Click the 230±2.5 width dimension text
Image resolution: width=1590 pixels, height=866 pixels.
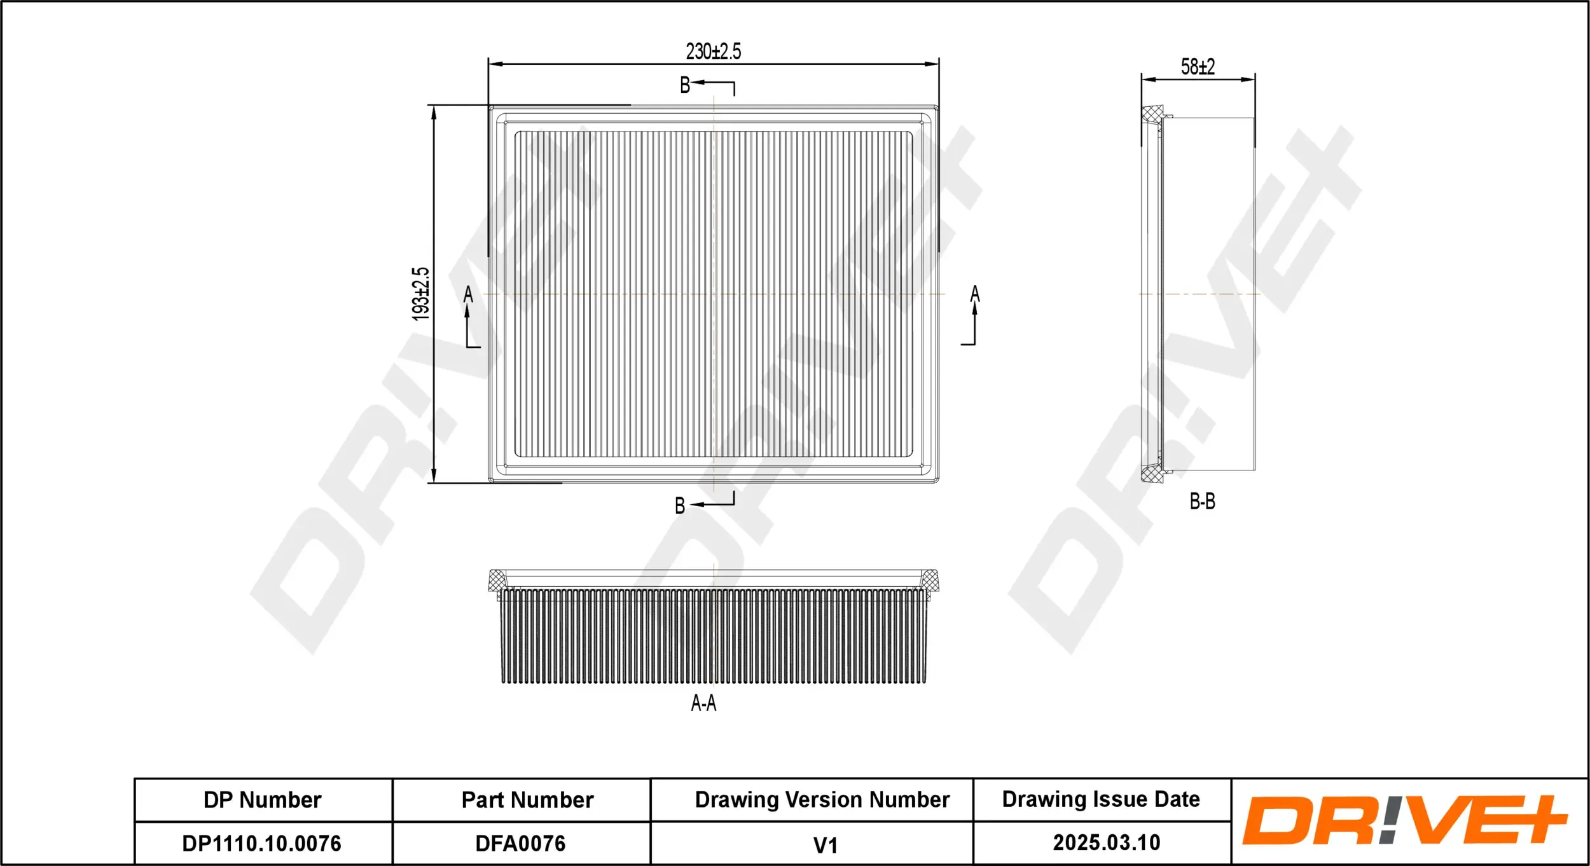click(713, 52)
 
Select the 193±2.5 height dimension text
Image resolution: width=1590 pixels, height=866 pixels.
click(420, 293)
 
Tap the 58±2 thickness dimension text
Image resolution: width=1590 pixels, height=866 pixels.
click(1198, 67)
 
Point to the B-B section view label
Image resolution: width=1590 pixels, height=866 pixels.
click(1202, 502)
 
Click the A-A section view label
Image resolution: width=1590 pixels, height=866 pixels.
click(703, 703)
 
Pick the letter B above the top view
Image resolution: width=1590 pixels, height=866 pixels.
click(685, 85)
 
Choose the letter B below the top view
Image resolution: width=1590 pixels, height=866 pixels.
click(680, 505)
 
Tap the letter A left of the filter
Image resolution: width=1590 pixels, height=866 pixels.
click(468, 295)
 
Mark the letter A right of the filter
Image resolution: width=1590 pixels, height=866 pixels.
click(975, 294)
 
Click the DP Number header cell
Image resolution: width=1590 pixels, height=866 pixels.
click(263, 800)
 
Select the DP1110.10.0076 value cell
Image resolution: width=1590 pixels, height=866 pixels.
click(262, 843)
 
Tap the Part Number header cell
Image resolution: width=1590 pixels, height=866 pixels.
click(527, 800)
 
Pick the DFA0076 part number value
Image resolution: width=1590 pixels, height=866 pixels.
click(520, 843)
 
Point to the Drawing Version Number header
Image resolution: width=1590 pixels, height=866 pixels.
click(822, 799)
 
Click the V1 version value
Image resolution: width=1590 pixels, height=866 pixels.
click(825, 845)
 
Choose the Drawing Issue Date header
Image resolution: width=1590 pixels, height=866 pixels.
click(1101, 799)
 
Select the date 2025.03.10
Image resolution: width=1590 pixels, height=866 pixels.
click(1106, 842)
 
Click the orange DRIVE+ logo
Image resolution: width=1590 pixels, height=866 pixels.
click(1404, 820)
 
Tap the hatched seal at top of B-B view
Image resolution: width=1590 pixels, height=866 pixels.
click(1152, 114)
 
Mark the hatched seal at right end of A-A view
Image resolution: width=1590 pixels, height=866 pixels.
click(929, 579)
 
